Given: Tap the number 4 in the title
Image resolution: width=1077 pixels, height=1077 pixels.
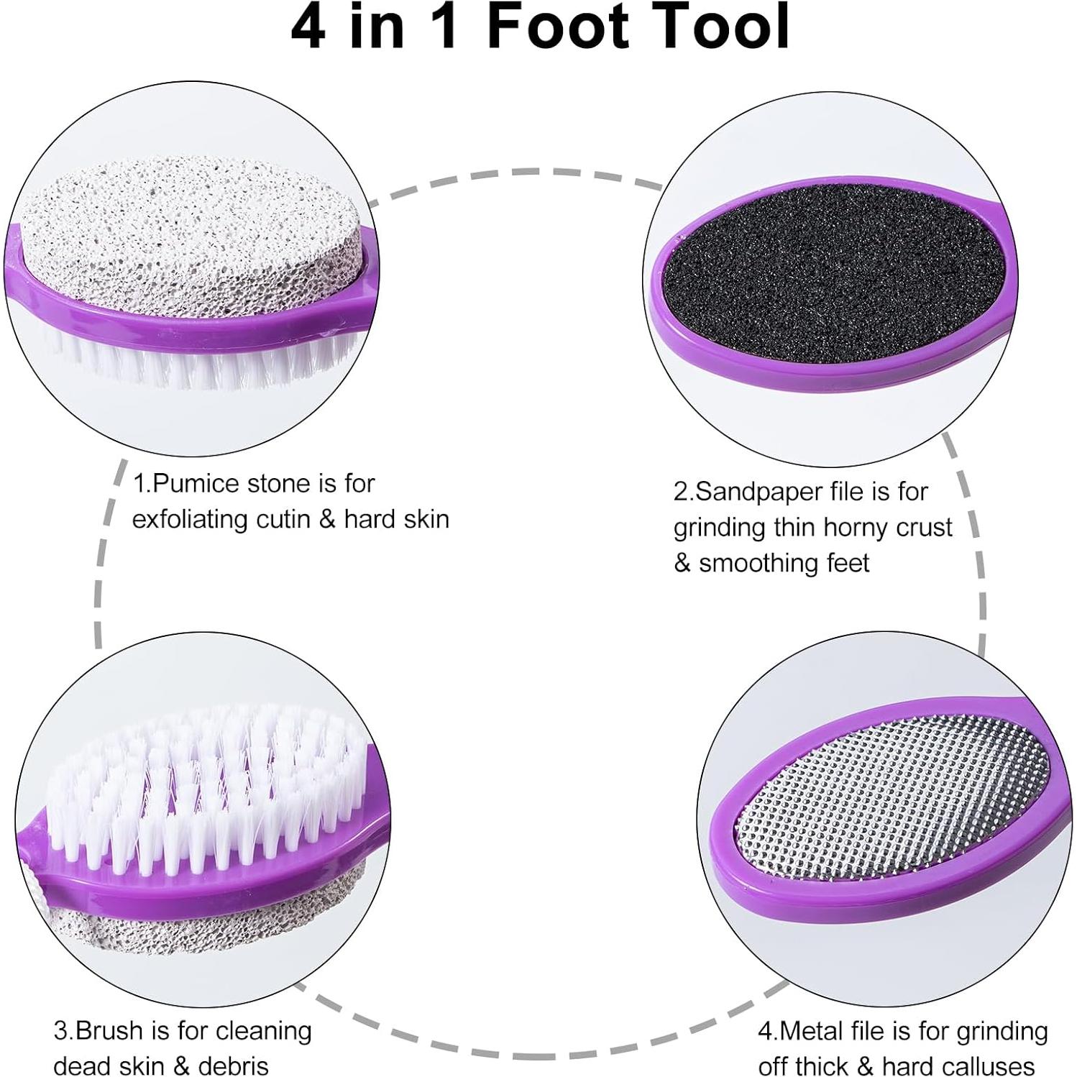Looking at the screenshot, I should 308,27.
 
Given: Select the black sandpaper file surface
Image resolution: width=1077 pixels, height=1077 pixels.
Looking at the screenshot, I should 834,277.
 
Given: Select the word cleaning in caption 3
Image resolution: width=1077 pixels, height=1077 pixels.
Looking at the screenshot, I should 263,1032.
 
